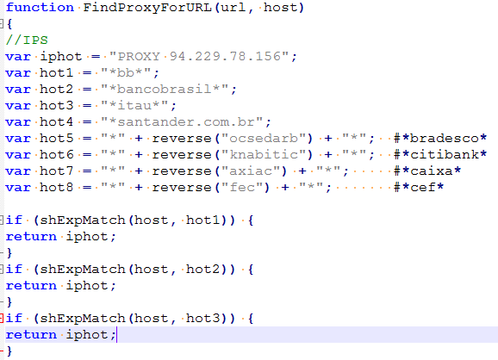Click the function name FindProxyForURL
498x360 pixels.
coord(147,7)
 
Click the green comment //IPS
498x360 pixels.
coord(27,40)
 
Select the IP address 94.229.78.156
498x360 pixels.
coord(225,56)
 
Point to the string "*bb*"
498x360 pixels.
coord(126,72)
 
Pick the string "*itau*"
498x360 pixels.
coord(134,105)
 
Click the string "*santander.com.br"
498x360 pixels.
coord(182,122)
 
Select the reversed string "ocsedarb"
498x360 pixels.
coord(264,139)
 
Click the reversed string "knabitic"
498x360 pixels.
coord(264,155)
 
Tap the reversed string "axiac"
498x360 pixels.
coord(250,171)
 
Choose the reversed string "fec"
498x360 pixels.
coord(242,187)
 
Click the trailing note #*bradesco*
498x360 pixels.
coord(440,139)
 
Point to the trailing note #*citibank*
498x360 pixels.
coord(440,155)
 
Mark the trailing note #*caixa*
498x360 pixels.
coord(426,171)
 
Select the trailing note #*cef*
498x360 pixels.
coord(418,187)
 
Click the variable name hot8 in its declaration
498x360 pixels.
coord(56,187)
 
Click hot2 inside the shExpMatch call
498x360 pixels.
coord(203,270)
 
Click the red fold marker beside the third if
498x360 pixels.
coord(2,318)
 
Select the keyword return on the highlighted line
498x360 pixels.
coord(31,335)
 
